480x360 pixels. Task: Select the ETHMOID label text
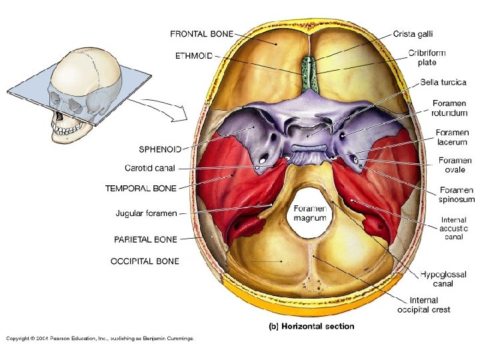(x=194, y=56)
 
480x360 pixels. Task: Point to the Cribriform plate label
(x=427, y=58)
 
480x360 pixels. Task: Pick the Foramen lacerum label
(x=451, y=137)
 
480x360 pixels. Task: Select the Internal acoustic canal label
(x=454, y=229)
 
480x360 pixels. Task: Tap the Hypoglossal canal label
(x=437, y=279)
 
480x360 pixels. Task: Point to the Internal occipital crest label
(x=423, y=305)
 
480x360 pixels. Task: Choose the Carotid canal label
(x=150, y=168)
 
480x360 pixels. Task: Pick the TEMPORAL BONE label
(x=141, y=189)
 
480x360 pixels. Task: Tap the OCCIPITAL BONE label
(x=145, y=261)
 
